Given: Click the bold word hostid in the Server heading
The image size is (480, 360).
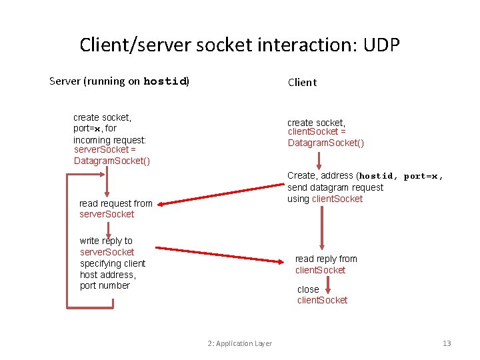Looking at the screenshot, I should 165,81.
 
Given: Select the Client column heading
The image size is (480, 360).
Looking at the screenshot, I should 302,82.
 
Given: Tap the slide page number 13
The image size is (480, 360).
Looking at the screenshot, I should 447,343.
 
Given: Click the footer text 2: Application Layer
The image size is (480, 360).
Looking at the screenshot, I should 239,343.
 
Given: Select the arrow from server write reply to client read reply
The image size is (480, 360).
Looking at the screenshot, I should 223,254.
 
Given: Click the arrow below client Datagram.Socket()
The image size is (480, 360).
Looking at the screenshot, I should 319,160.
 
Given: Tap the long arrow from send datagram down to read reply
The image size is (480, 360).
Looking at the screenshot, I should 323,228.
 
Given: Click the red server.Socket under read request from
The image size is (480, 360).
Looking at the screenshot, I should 107,214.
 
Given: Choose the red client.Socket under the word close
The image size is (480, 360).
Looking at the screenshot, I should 322,300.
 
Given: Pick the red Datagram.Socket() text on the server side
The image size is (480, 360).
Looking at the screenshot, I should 111,161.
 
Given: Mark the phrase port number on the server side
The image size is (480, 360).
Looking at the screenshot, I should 105,285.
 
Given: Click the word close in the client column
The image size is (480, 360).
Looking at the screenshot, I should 308,289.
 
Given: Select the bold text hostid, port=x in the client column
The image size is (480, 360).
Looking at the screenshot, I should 401,176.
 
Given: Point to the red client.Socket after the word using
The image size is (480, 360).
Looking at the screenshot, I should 337,199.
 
